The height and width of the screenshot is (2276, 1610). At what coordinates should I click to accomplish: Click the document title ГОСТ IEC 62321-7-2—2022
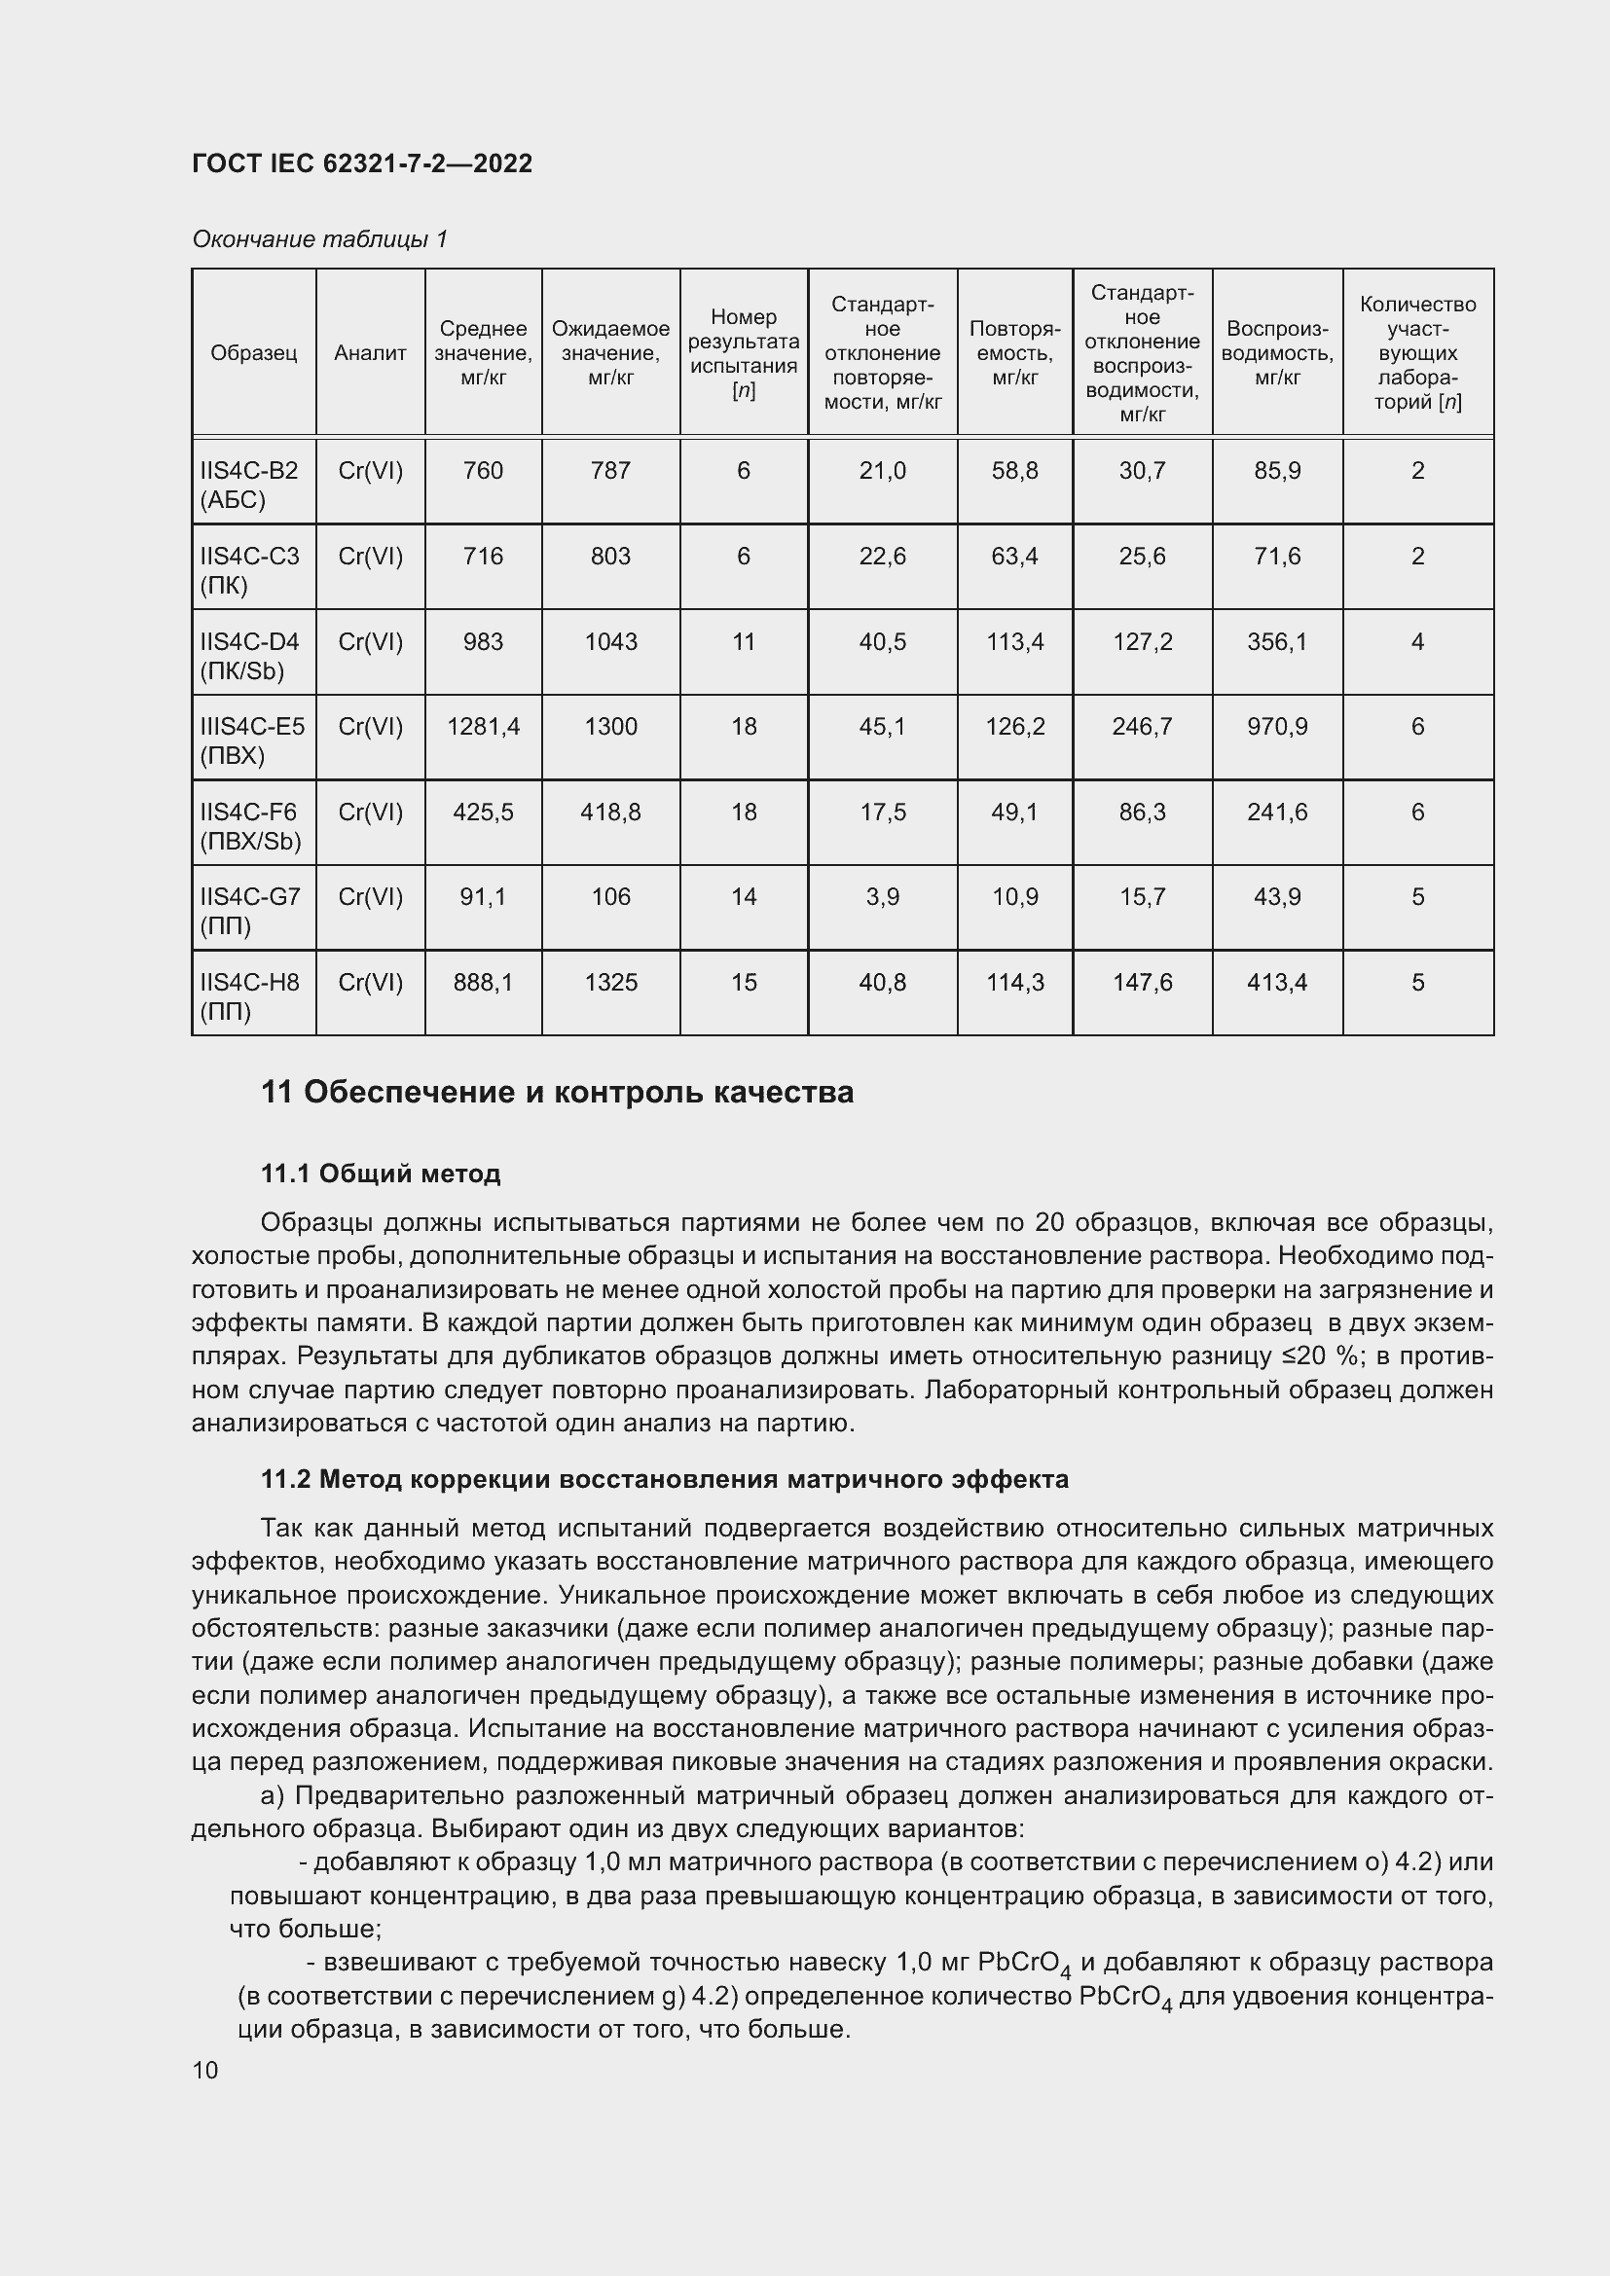pos(362,163)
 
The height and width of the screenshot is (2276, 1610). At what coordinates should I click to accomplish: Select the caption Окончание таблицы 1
pos(319,239)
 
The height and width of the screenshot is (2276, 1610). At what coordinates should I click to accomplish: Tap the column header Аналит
pos(370,353)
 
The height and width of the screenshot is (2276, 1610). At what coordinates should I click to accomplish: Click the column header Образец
pos(254,353)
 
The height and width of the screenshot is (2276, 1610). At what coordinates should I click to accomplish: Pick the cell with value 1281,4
pos(483,727)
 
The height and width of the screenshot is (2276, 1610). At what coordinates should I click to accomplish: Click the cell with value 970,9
pos(1277,727)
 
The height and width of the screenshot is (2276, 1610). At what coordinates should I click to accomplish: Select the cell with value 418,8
pos(610,812)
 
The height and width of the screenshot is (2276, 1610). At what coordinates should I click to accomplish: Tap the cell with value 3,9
pos(882,897)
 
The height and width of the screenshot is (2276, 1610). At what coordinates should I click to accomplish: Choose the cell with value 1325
pos(610,983)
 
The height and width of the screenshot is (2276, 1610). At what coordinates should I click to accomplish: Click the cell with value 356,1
pos(1277,641)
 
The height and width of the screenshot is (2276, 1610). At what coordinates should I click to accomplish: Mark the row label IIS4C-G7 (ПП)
pos(249,911)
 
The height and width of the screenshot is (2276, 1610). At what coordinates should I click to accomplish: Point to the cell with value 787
pos(610,471)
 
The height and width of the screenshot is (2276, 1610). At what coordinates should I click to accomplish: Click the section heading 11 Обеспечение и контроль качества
pos(557,1093)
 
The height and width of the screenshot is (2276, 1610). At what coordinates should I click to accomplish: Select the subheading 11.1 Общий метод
pos(381,1174)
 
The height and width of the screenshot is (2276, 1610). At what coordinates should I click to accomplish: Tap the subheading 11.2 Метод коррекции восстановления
pos(664,1480)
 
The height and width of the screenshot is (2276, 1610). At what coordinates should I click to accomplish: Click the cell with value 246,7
pos(1142,727)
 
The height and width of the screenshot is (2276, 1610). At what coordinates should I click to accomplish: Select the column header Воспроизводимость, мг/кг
pos(1277,353)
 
